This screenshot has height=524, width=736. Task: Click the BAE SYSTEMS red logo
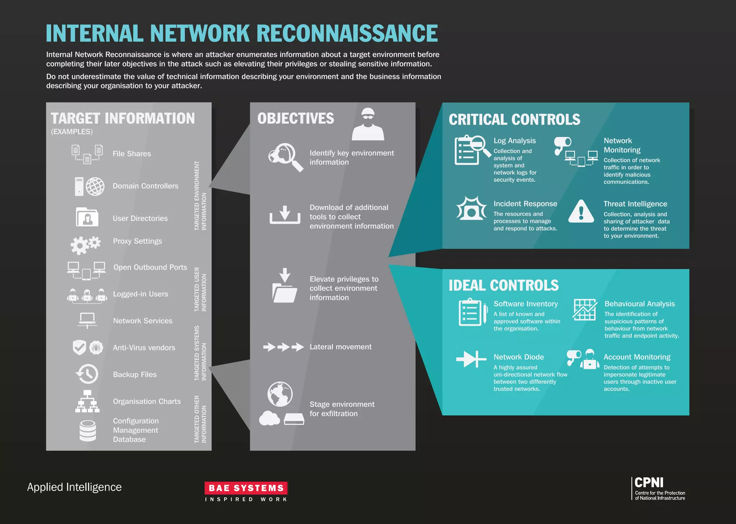click(x=246, y=488)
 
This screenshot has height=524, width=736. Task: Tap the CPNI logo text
click(x=649, y=483)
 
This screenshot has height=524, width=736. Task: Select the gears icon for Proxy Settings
click(x=86, y=245)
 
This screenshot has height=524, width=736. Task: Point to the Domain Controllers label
click(x=146, y=186)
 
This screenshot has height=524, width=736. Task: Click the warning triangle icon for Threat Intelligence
click(x=581, y=212)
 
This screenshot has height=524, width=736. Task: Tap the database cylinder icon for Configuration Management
click(x=88, y=430)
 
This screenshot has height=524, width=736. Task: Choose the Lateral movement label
click(x=340, y=347)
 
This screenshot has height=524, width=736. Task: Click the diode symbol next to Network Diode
click(x=471, y=359)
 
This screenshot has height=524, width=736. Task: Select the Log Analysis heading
click(x=514, y=141)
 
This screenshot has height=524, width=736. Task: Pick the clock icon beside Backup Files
click(x=87, y=374)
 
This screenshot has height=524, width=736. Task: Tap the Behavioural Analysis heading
click(x=639, y=304)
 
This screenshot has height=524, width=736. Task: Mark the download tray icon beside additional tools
click(x=285, y=215)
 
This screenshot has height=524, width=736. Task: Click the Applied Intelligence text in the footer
click(x=74, y=487)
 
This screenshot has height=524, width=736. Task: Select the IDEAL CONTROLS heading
click(x=503, y=285)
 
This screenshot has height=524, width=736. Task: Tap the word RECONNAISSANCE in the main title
click(x=347, y=33)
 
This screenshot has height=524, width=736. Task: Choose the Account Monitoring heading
click(x=637, y=357)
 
